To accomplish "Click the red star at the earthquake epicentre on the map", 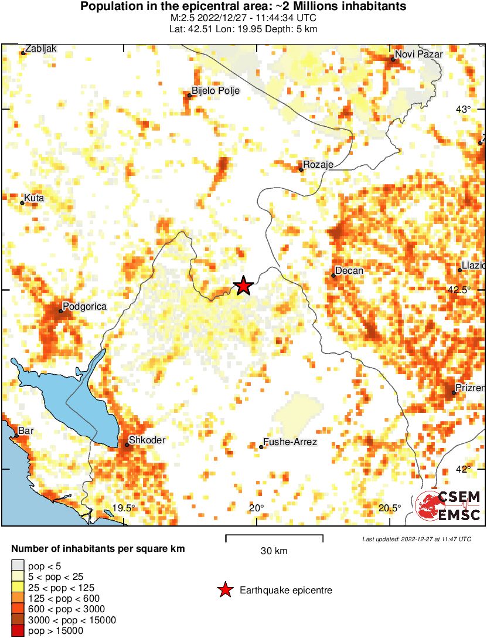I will click(243, 286).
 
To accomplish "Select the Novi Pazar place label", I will click(418, 55).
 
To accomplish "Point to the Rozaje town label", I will click(319, 165).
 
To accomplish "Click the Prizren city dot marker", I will click(454, 392).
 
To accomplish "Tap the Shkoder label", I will click(147, 440).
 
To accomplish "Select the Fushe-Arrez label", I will click(290, 442).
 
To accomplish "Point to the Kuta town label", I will click(34, 198).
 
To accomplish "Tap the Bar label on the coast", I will click(26, 431).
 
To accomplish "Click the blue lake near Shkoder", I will click(64, 399).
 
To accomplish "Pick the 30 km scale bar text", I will click(274, 551).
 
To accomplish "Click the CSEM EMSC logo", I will click(448, 505).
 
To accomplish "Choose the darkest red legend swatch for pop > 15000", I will click(18, 631).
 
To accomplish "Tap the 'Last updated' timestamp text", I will click(417, 539).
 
